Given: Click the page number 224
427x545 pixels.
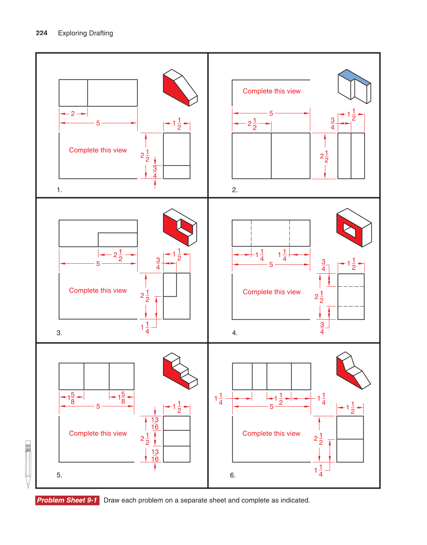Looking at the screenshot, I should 41,33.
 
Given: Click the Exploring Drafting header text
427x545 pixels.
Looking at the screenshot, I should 85,33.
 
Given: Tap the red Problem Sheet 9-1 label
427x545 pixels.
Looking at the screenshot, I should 67,500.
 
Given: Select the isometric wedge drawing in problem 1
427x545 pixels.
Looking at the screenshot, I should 180,88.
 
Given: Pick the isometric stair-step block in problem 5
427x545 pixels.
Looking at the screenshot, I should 180,371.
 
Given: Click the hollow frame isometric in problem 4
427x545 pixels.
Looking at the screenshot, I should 353,228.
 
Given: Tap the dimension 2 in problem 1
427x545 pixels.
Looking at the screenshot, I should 73,114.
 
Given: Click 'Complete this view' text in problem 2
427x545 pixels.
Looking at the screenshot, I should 271,91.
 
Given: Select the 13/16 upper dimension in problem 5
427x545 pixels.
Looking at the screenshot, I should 155,424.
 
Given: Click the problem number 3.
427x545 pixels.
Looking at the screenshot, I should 59,333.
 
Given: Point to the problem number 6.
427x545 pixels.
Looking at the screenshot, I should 233,475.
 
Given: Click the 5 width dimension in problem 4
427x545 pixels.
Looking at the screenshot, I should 271,264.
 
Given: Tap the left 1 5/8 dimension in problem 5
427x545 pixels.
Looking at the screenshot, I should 71,398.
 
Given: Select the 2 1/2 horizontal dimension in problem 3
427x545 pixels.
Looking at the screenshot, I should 118,255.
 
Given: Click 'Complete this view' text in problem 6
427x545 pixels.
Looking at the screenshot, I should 271,433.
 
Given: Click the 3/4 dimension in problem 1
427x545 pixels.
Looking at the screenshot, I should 155,172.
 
